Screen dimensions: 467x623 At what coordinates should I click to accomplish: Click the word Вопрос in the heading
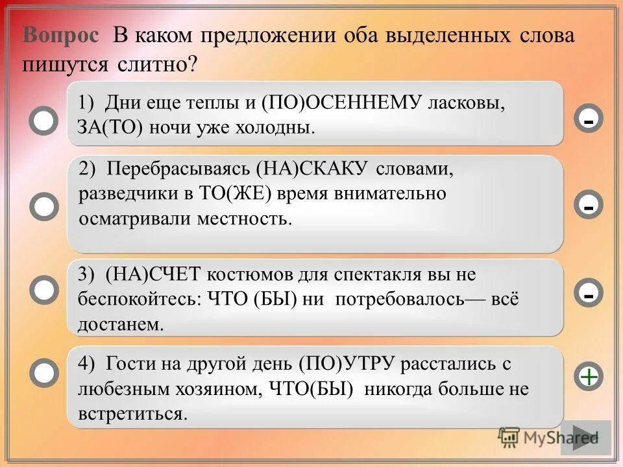pyautogui.click(x=62, y=36)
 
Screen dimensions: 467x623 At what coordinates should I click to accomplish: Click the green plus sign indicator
pyautogui.click(x=589, y=376)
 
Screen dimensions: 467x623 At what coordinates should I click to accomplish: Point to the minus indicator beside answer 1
pyautogui.click(x=589, y=119)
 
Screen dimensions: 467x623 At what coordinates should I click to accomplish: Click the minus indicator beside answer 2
pyautogui.click(x=589, y=206)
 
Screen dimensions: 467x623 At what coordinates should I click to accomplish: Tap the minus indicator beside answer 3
pyautogui.click(x=589, y=293)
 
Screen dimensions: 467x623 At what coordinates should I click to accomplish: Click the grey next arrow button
pyautogui.click(x=585, y=437)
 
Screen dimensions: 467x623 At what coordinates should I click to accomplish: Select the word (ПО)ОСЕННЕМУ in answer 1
pyautogui.click(x=342, y=103)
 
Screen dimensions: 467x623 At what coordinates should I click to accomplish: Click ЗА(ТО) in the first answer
pyautogui.click(x=107, y=126)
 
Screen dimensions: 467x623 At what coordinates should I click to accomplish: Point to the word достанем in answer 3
pyautogui.click(x=119, y=324)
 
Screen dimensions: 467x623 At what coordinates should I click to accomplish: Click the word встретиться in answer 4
pyautogui.click(x=132, y=414)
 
